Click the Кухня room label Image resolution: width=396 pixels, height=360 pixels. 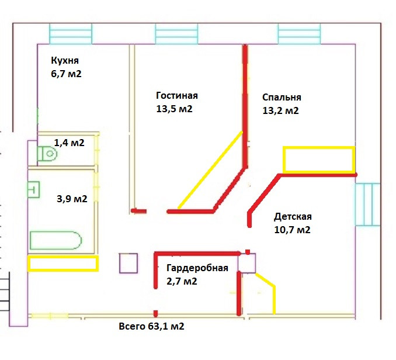tap(65, 61)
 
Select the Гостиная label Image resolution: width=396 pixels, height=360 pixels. tap(177, 96)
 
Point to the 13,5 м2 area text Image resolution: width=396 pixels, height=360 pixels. tap(174, 109)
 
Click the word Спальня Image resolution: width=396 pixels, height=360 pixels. tap(282, 98)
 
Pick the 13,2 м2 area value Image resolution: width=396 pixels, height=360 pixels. tap(280, 110)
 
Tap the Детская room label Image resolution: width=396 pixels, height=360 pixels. tap(293, 217)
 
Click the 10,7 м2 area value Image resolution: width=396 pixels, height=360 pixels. tap(292, 230)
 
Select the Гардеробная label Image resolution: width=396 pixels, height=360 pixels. tap(197, 268)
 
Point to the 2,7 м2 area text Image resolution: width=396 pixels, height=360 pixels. tap(181, 281)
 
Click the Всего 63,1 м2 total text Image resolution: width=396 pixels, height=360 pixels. tap(151, 326)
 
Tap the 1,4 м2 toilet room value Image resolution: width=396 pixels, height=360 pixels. tap(70, 143)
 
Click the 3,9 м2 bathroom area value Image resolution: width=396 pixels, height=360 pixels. tap(72, 199)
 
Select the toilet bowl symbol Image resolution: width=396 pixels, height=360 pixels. tap(47, 154)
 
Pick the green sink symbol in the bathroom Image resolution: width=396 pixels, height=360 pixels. tap(34, 189)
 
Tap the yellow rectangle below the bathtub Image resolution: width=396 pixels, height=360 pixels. tap(63, 263)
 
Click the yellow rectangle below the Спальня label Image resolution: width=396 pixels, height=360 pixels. tap(318, 160)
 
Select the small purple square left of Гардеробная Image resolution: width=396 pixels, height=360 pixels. tap(128, 263)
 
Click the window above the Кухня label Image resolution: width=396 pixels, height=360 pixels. tap(71, 33)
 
